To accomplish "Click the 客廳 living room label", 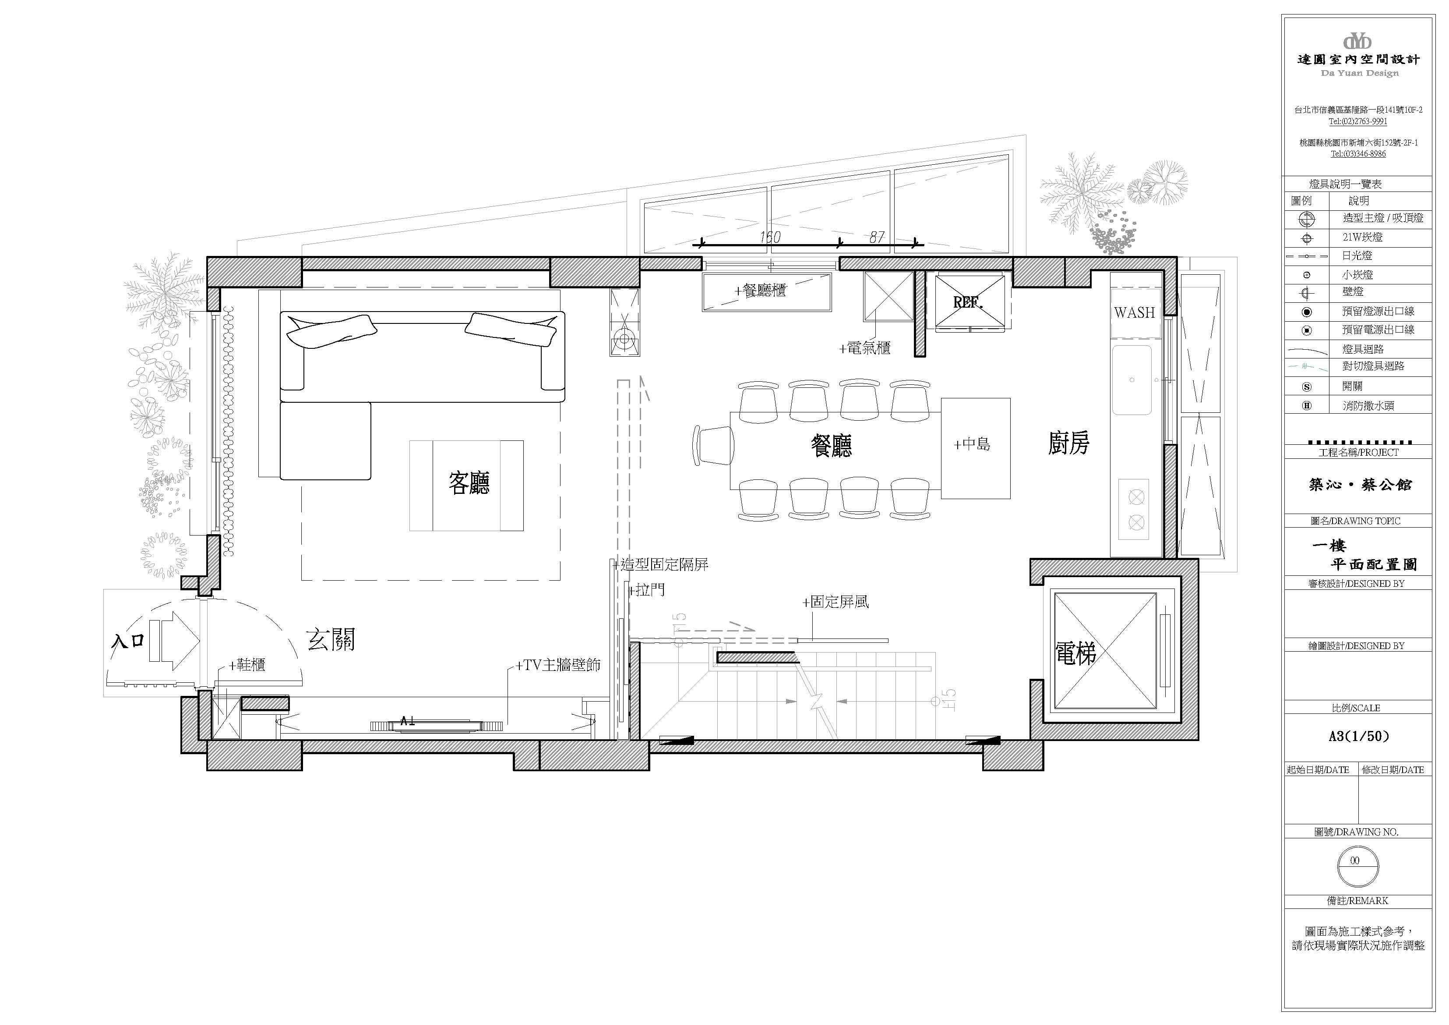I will click(469, 483).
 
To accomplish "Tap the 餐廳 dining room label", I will click(831, 445).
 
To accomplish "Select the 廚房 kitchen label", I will click(1068, 443).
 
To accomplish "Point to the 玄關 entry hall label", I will click(331, 640).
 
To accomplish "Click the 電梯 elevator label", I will click(1075, 653).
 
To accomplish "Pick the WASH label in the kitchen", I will click(1134, 312).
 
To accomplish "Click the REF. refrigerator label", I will click(968, 302).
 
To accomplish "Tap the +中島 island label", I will click(972, 445).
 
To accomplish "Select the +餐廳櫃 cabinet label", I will click(761, 291).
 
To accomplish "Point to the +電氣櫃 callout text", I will click(864, 348).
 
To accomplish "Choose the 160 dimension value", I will click(770, 237).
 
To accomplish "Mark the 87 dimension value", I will click(877, 237).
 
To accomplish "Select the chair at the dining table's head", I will click(713, 445).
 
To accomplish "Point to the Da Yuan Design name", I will click(1359, 73).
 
